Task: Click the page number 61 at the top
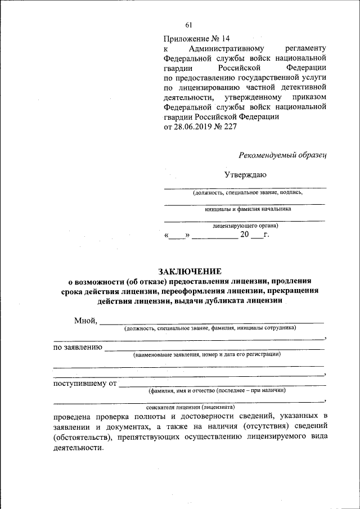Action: click(188, 24)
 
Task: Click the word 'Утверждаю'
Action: click(245, 175)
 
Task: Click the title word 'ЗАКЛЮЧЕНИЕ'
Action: click(189, 271)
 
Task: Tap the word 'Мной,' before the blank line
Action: click(85, 321)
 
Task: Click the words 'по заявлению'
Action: click(78, 347)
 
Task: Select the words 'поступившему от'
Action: click(84, 384)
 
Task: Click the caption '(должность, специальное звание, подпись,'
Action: click(247, 192)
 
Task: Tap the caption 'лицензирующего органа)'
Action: click(245, 226)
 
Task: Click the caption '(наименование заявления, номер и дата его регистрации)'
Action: click(206, 355)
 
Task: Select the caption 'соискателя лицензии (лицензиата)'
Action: click(190, 406)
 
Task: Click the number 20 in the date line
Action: click(244, 235)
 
